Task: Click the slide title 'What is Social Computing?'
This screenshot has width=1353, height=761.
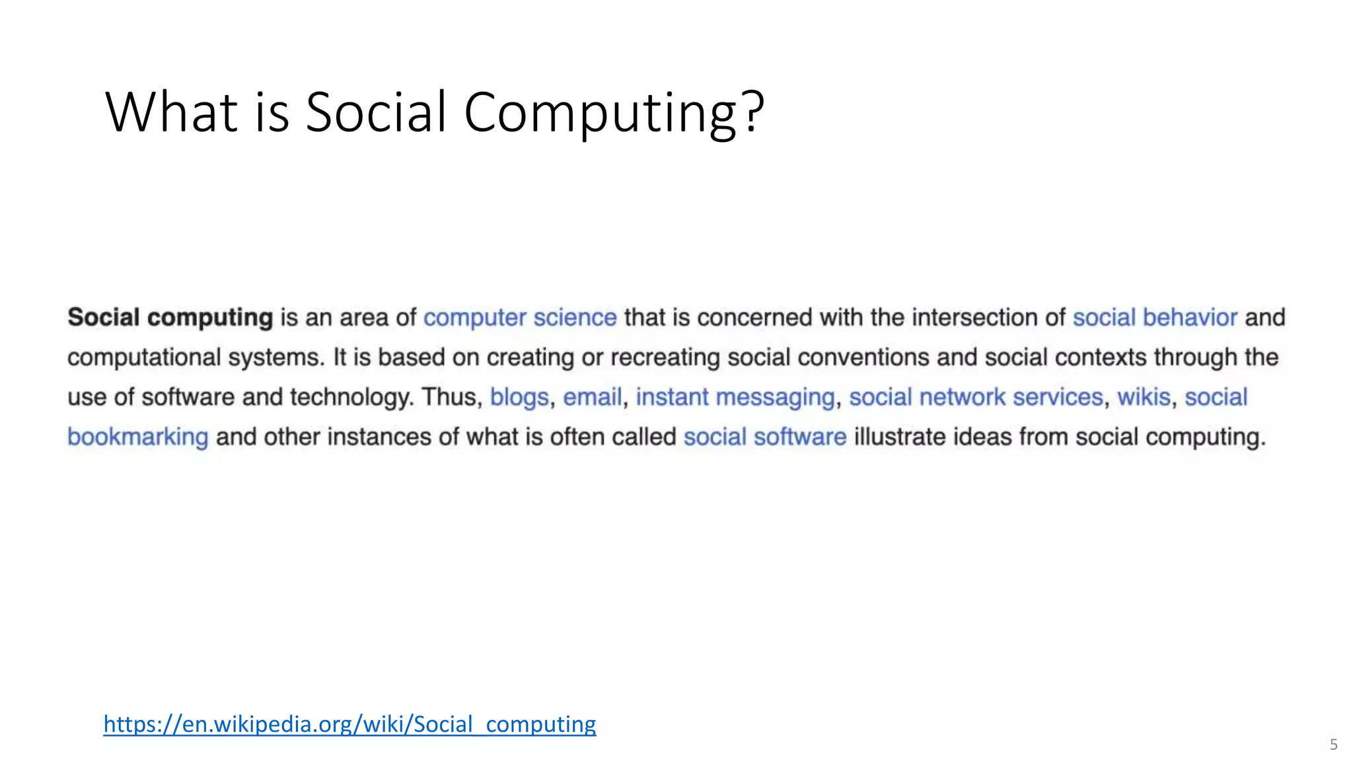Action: coord(434,112)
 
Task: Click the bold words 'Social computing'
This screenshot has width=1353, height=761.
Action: coord(170,318)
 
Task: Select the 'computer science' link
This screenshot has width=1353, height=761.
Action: coord(520,318)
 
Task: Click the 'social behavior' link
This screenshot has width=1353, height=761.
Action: coord(1154,318)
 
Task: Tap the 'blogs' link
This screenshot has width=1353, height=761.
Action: coord(519,398)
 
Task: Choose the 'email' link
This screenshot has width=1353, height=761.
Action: coord(592,398)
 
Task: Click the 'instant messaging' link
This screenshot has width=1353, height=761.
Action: coord(735,398)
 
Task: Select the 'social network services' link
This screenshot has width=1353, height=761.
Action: coord(976,398)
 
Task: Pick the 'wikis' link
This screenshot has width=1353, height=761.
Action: coord(1144,398)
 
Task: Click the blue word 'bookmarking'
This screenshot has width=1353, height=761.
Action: coord(138,437)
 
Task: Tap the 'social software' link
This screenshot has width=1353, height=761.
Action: coord(764,437)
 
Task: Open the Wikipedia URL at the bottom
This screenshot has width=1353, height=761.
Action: coord(349,725)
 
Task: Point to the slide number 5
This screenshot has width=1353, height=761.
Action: coord(1333,745)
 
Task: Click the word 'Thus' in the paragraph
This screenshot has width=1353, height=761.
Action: coord(449,398)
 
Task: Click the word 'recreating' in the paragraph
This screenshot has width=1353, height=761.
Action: coord(665,357)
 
